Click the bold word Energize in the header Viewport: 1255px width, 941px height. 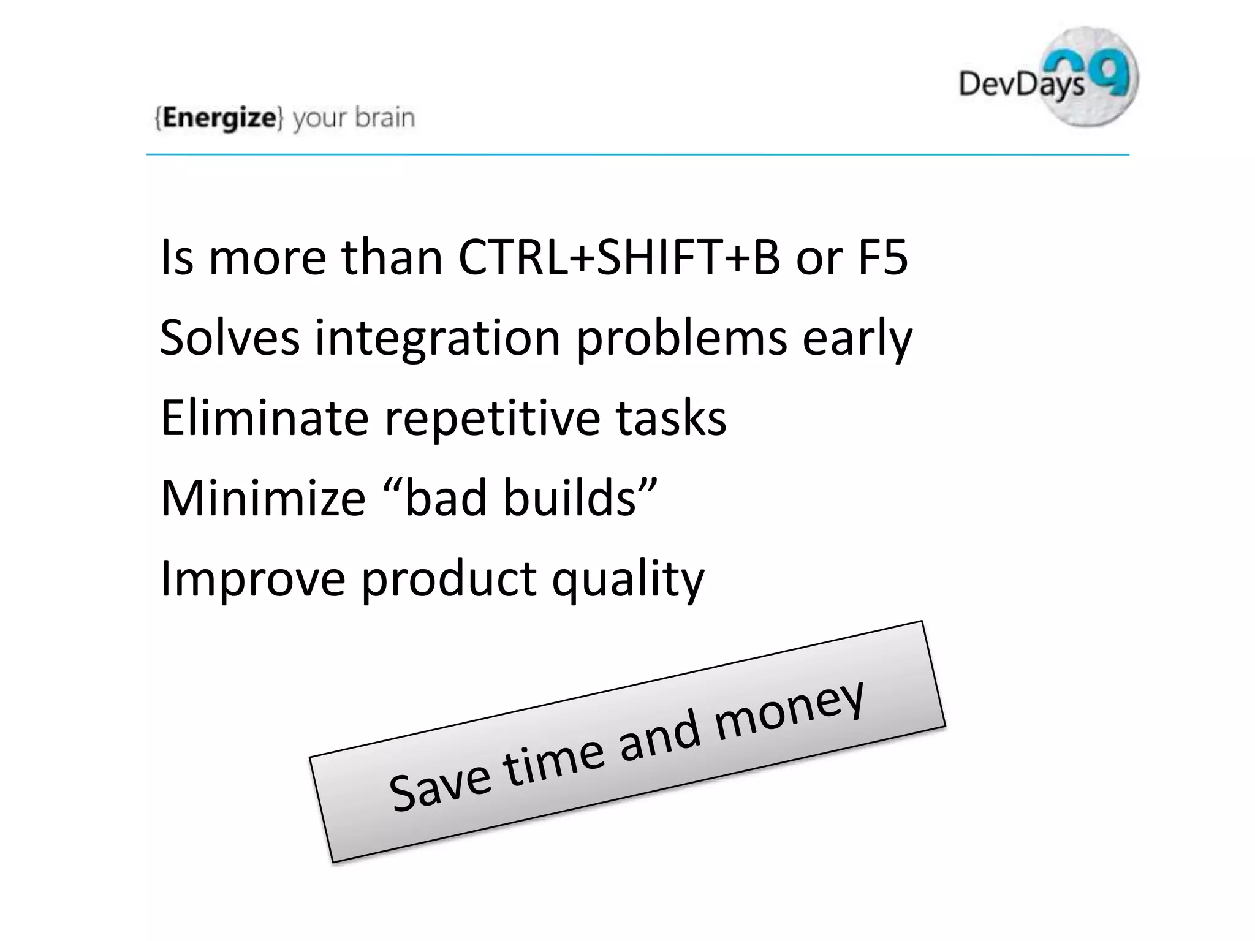pyautogui.click(x=219, y=118)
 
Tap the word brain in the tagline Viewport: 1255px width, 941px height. pyautogui.click(x=385, y=117)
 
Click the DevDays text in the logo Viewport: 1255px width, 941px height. pyautogui.click(x=1021, y=83)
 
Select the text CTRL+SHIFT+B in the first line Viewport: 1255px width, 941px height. pyautogui.click(x=619, y=257)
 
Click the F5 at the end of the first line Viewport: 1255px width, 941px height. pyautogui.click(x=882, y=257)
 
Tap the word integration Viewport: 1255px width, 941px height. pyautogui.click(x=438, y=339)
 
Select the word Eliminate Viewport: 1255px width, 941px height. pyautogui.click(x=264, y=418)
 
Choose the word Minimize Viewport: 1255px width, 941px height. pyautogui.click(x=263, y=497)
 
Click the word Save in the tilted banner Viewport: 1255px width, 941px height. pyautogui.click(x=440, y=786)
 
